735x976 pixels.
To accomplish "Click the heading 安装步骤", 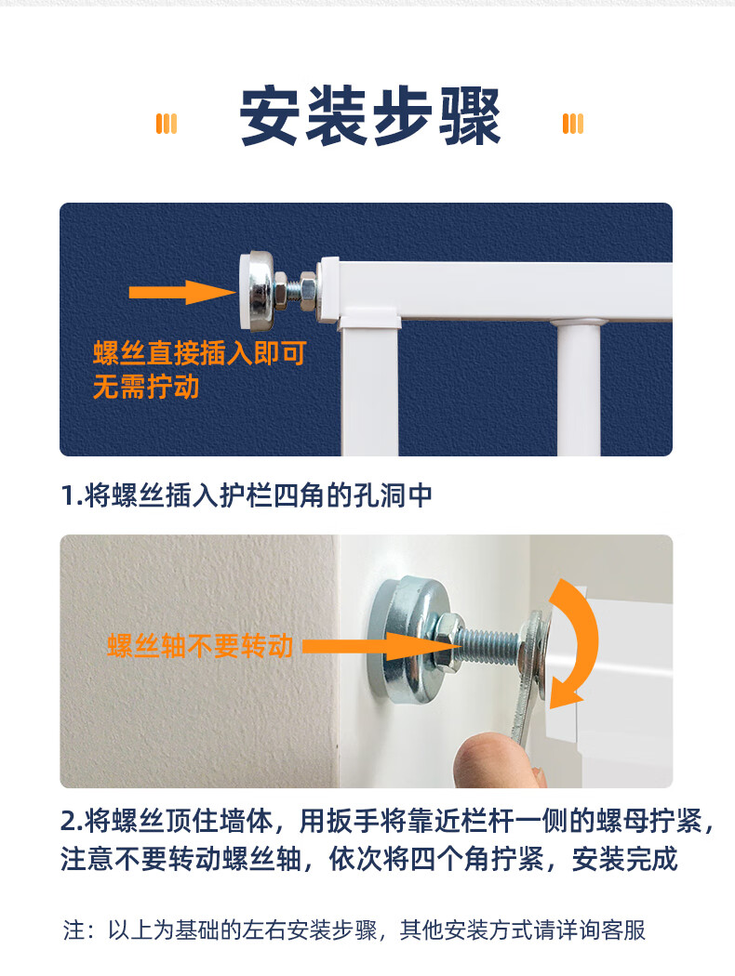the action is (370, 116).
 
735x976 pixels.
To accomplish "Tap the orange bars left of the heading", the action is (167, 124).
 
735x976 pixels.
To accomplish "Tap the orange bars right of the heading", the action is (573, 124).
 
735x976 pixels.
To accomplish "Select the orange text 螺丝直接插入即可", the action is (200, 353).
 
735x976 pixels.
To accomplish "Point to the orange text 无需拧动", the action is (146, 387).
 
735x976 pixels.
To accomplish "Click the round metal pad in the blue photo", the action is (257, 290).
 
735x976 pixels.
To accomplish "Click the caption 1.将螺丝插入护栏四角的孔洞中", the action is (247, 495).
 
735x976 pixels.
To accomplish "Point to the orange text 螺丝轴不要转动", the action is (200, 646).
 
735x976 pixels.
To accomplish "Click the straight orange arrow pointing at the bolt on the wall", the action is (381, 647).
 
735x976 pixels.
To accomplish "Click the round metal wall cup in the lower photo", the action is (404, 640).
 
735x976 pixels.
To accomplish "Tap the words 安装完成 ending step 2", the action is (624, 859).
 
